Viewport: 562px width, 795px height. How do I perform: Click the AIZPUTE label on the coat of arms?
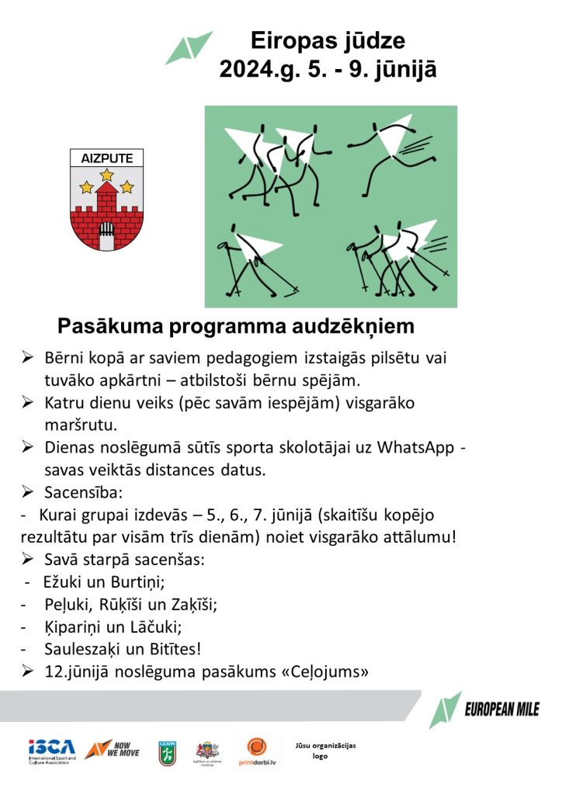click(107, 158)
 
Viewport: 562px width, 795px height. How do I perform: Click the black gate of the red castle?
click(107, 231)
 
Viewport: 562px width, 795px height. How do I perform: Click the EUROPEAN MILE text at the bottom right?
click(501, 708)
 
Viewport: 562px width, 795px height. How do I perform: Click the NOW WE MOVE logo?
click(112, 750)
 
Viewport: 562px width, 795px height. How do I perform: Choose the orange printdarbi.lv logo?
click(257, 752)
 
